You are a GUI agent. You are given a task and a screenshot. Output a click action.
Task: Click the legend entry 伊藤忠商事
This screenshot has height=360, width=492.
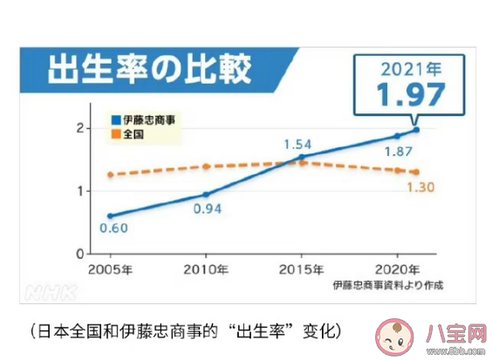146,119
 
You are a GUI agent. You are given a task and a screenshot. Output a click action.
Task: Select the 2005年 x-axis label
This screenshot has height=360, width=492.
110,268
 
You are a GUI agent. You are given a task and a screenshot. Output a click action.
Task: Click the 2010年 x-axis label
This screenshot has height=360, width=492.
206,268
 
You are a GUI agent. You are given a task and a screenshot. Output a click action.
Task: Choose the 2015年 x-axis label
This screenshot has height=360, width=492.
301,268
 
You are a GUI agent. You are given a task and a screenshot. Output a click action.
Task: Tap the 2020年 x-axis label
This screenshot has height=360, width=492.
396,268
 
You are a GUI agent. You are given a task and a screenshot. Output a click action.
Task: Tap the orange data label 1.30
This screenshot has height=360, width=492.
420,187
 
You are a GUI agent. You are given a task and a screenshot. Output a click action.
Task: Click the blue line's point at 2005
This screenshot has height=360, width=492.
110,215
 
